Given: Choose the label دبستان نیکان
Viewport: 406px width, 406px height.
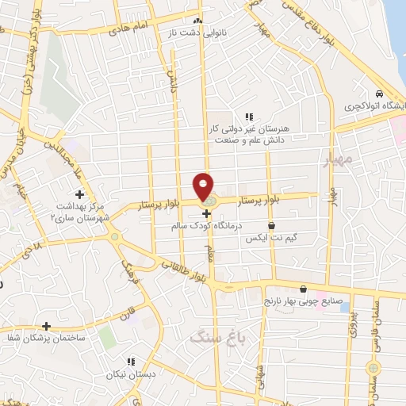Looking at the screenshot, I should coord(130,372).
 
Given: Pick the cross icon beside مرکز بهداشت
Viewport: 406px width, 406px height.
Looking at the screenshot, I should coord(79,193).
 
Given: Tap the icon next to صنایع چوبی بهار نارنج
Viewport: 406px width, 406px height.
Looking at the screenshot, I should coord(304,289).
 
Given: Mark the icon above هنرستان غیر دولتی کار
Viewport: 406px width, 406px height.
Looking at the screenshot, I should coord(249,117).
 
